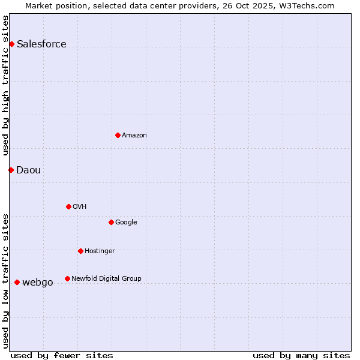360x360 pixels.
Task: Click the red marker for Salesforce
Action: coord(11,44)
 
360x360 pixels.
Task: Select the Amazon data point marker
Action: coord(118,135)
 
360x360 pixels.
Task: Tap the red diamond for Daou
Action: coord(11,170)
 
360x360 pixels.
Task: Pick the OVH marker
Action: coord(68,206)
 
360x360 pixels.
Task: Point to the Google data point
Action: coord(111,222)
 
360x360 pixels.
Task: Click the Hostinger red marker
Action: coord(80,251)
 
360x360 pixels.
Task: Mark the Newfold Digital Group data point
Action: coord(67,278)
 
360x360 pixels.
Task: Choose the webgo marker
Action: coord(17,282)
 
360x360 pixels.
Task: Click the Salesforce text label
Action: coord(41,44)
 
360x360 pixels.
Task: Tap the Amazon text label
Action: coord(134,135)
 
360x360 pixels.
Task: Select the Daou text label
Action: coord(29,170)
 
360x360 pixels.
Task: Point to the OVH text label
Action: coord(80,206)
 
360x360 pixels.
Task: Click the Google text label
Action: coord(126,222)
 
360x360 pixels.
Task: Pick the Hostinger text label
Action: coord(100,251)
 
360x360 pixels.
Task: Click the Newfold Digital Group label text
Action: coord(106,278)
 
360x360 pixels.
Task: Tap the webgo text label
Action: coord(38,282)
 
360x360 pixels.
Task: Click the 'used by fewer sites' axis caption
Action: coord(62,355)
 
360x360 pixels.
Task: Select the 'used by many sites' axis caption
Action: coord(301,355)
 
